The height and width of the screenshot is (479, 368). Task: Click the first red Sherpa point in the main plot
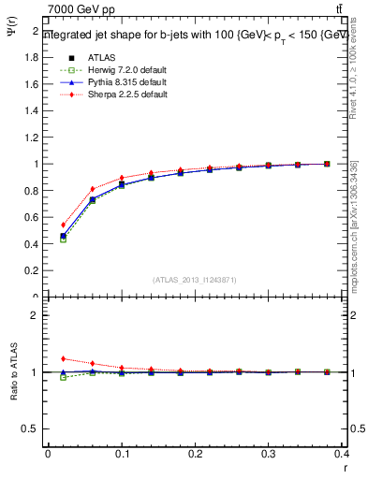[63, 225]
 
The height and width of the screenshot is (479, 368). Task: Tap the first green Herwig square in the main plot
[63, 239]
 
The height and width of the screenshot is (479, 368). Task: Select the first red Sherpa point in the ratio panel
[63, 358]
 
